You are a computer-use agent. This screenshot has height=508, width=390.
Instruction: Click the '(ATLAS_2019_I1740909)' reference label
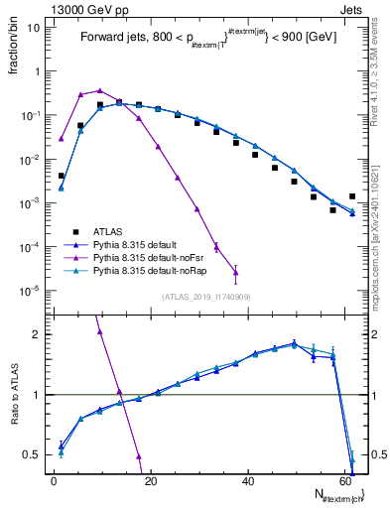pyautogui.click(x=199, y=297)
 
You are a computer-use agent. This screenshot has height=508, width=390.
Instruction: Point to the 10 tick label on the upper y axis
pyautogui.click(x=32, y=28)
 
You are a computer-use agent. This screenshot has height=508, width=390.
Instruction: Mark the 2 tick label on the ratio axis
pyautogui.click(x=36, y=333)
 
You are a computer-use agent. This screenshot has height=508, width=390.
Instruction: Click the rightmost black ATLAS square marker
pyautogui.click(x=352, y=196)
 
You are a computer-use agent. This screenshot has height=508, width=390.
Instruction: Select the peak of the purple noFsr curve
pyautogui.click(x=99, y=90)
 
